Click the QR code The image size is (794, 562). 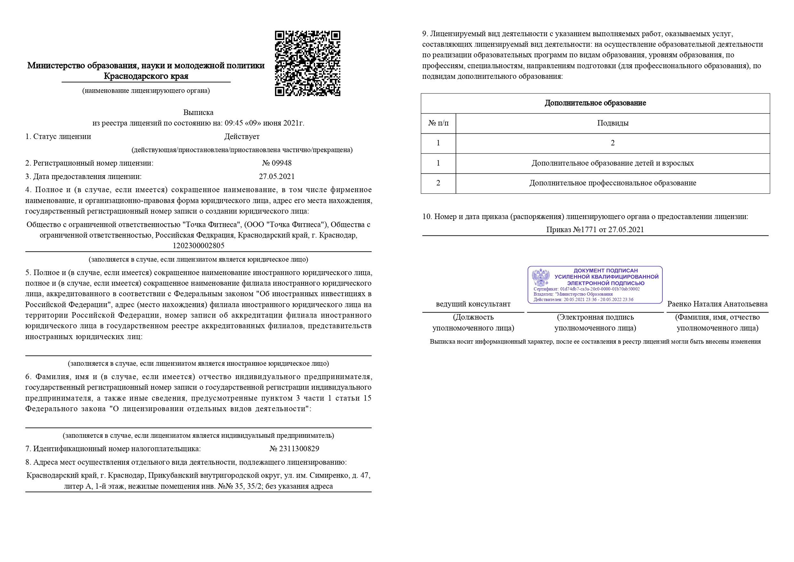pyautogui.click(x=307, y=63)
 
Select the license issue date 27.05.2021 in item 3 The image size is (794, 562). pyautogui.click(x=277, y=176)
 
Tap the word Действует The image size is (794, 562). pyautogui.click(x=242, y=137)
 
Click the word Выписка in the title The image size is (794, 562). pyautogui.click(x=198, y=112)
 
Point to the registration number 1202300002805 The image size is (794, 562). pyautogui.click(x=199, y=246)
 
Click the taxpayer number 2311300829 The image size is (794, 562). pyautogui.click(x=299, y=449)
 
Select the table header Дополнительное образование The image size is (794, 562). pyautogui.click(x=595, y=103)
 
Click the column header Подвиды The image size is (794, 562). pyautogui.click(x=613, y=123)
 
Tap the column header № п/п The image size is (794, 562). pyautogui.click(x=438, y=123)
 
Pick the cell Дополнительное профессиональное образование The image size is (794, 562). pyautogui.click(x=613, y=183)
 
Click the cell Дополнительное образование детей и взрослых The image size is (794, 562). pyautogui.click(x=613, y=163)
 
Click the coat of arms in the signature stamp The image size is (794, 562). pyautogui.click(x=541, y=278)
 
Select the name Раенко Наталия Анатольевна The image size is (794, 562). pyautogui.click(x=717, y=304)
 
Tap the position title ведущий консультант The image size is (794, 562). pyautogui.click(x=473, y=304)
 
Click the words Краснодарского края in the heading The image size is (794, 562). pyautogui.click(x=146, y=76)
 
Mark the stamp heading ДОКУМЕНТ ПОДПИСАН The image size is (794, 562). pyautogui.click(x=605, y=271)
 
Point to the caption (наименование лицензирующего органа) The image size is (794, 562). pyautogui.click(x=146, y=91)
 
